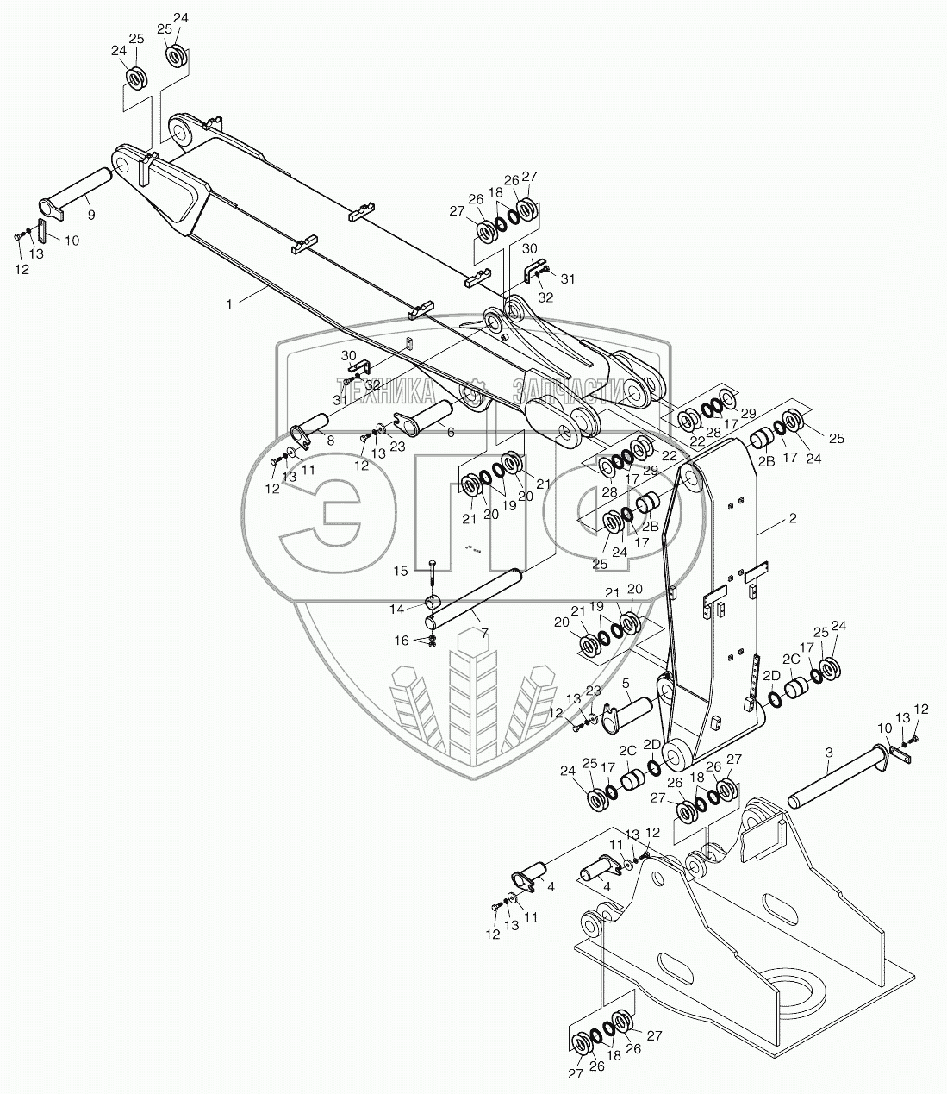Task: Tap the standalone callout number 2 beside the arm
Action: point(792,519)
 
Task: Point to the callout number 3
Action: point(828,753)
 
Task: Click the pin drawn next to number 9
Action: point(78,191)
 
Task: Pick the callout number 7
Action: point(484,633)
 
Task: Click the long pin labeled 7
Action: point(475,596)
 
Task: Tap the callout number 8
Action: point(330,440)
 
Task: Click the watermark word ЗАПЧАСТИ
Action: point(565,391)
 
